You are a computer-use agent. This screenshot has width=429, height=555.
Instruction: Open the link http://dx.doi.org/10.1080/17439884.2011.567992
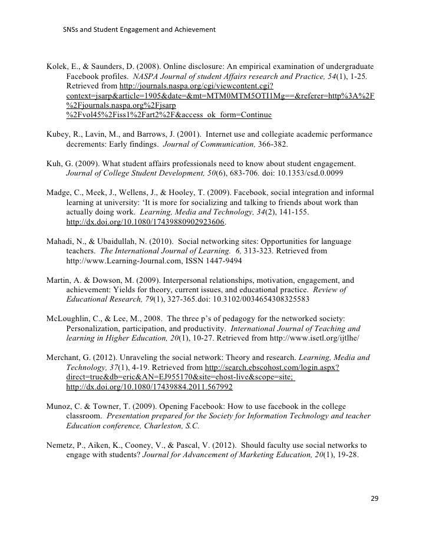click(x=150, y=387)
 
